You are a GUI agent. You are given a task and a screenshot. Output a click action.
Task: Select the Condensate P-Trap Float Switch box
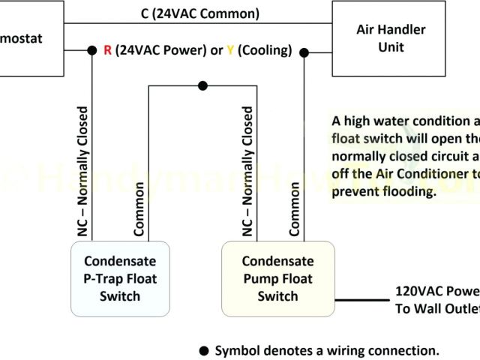tap(121, 278)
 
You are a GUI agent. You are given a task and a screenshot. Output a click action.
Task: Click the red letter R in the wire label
tap(107, 51)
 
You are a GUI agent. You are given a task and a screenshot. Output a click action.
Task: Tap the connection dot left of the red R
tap(91, 51)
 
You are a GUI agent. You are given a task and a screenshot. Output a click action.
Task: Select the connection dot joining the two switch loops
tap(202, 85)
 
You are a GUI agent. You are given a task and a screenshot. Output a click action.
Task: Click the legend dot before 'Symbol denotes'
tap(203, 351)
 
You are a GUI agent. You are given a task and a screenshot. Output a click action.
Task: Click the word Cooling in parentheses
tap(263, 51)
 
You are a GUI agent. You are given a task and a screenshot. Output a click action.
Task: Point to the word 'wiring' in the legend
tap(350, 351)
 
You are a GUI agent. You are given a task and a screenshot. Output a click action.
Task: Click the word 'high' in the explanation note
tap(358, 121)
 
